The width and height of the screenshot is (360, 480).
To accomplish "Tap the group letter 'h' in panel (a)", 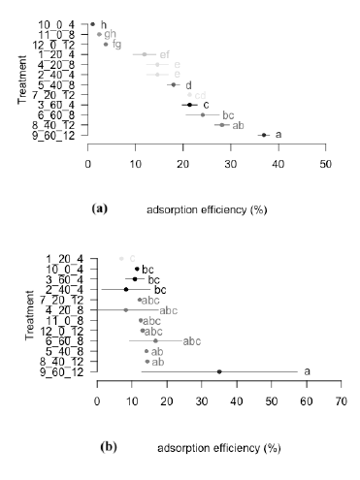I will tap(104, 23).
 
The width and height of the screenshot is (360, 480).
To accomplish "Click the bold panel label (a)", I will tap(99, 208).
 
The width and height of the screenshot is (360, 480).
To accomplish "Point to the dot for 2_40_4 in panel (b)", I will tap(125, 289).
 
